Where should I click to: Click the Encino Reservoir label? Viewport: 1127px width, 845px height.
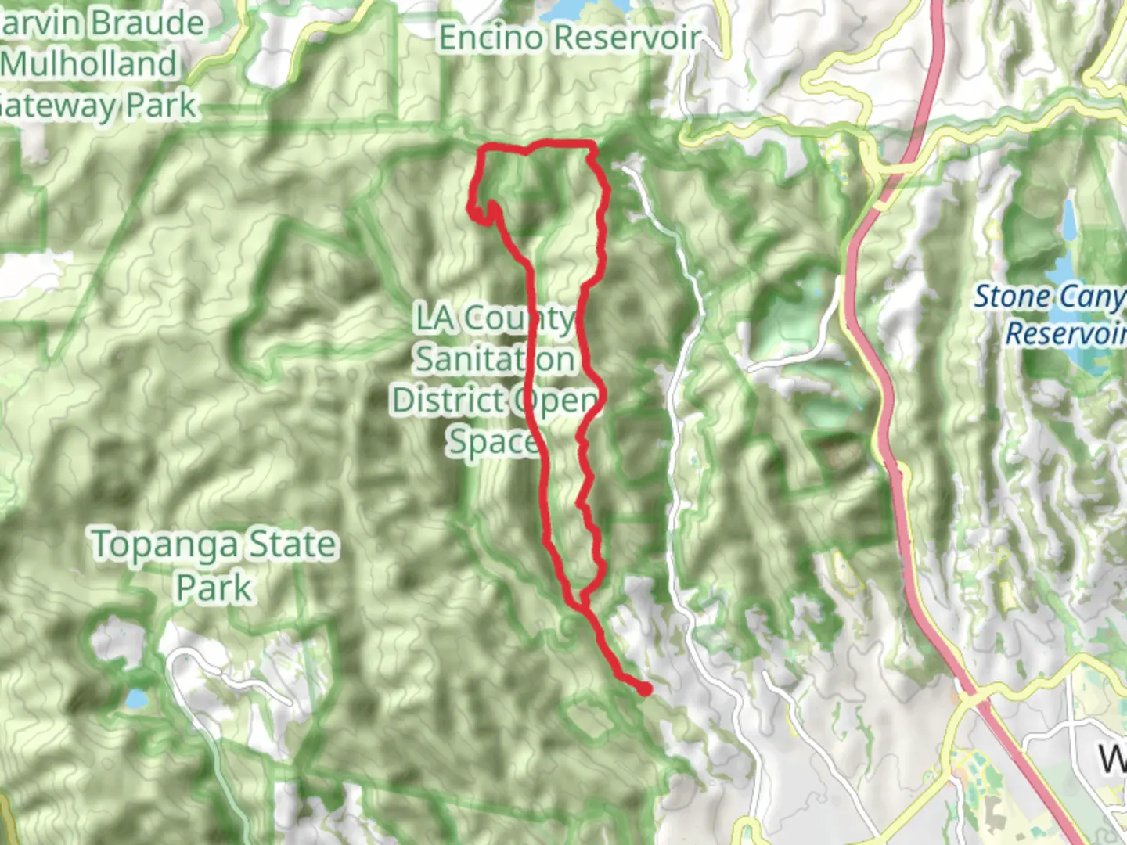click(x=569, y=38)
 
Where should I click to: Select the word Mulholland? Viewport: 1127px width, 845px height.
click(x=91, y=64)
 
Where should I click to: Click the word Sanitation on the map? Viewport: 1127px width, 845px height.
click(x=495, y=359)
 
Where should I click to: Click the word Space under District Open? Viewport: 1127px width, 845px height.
click(x=492, y=441)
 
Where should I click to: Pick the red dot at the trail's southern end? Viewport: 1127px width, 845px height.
click(x=645, y=689)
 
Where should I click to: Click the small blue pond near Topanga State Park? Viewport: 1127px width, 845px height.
click(x=135, y=697)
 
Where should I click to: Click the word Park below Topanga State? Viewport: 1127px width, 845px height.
click(x=214, y=587)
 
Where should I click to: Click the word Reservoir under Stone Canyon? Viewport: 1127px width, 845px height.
click(x=1064, y=334)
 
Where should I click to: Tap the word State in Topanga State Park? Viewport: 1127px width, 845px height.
click(x=292, y=545)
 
